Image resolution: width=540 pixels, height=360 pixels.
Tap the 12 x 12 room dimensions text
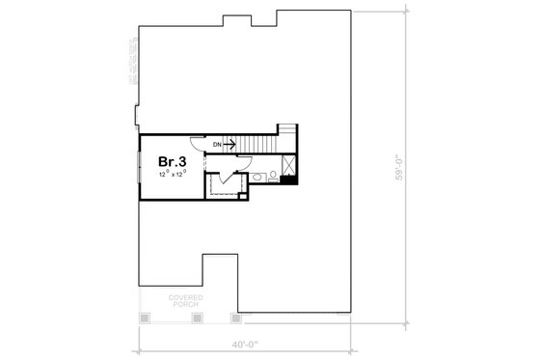[x=172, y=176]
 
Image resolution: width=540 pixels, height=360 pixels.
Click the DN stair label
[x=218, y=144]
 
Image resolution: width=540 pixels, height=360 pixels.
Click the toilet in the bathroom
[x=274, y=176]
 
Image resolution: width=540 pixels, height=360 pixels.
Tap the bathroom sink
[x=258, y=178]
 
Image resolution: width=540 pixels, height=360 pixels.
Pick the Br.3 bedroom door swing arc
[x=197, y=142]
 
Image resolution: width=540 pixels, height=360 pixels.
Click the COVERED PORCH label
[x=184, y=300]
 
